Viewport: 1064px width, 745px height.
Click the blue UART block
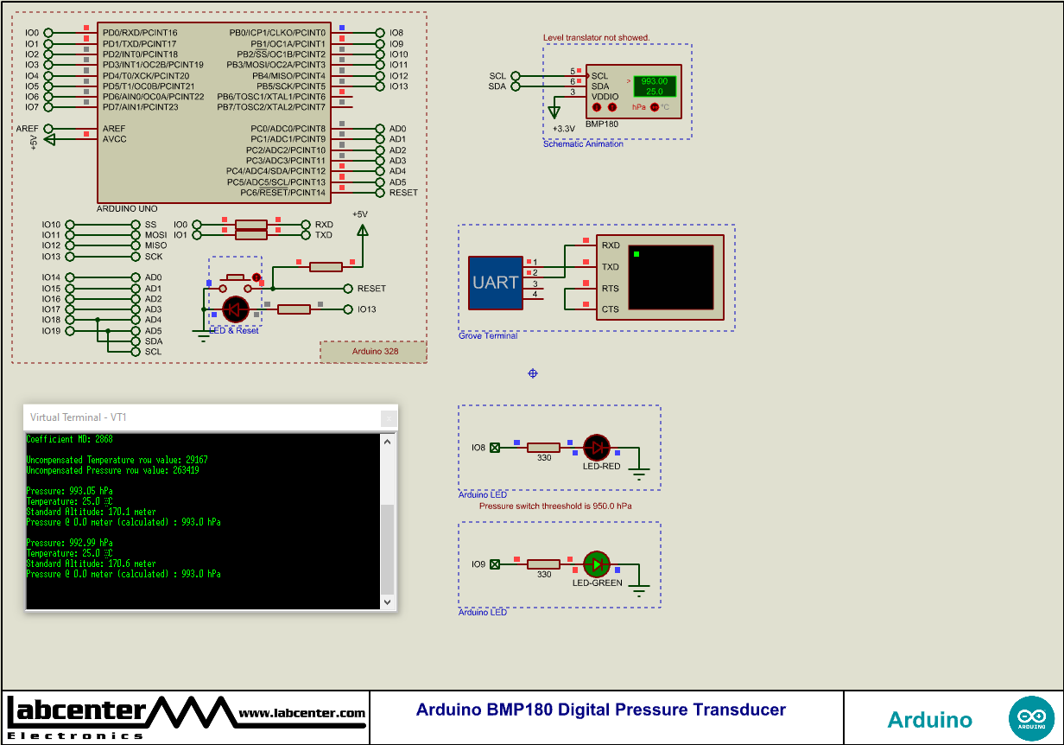click(x=496, y=283)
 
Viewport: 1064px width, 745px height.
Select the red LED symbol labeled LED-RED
click(x=596, y=447)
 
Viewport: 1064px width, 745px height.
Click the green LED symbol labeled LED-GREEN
click(x=596, y=564)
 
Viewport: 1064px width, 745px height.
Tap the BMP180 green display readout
click(x=655, y=86)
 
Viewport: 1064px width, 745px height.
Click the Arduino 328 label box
click(x=373, y=352)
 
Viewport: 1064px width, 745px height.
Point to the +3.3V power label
click(x=564, y=129)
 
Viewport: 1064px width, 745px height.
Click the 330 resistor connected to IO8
click(x=544, y=447)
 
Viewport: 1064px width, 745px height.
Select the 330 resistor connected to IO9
click(x=544, y=564)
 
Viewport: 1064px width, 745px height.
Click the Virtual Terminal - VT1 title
click(x=79, y=417)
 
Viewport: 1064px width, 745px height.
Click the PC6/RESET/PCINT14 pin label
click(x=276, y=193)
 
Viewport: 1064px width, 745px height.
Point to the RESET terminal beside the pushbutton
click(x=371, y=289)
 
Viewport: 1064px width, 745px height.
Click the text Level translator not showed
click(x=596, y=38)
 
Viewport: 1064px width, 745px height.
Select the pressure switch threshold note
click(x=555, y=506)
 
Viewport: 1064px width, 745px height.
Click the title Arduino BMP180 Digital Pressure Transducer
click(x=601, y=710)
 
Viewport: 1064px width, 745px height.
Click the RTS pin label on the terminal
click(x=610, y=289)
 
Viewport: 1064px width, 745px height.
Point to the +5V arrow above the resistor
click(x=362, y=230)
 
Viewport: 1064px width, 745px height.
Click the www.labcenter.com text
click(x=301, y=714)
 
